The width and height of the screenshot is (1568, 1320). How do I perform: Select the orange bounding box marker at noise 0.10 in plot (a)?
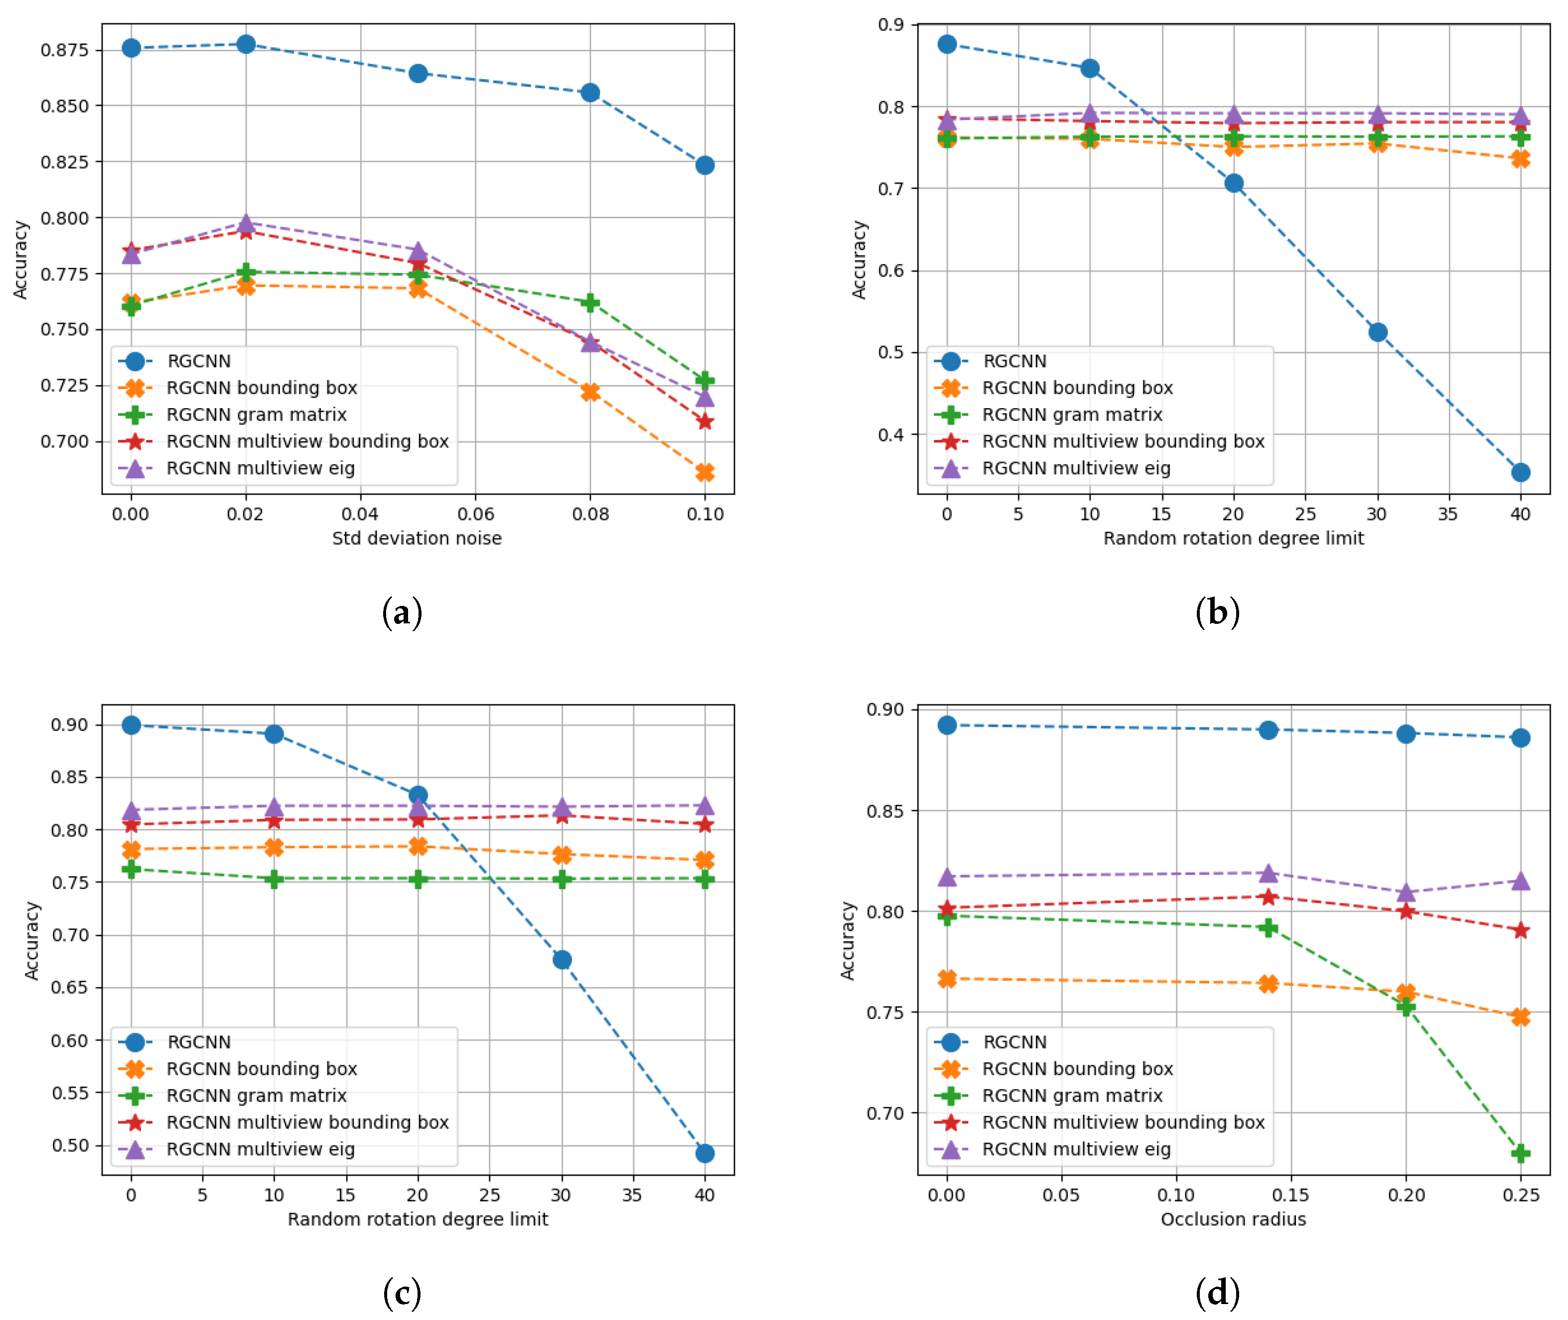[x=704, y=472]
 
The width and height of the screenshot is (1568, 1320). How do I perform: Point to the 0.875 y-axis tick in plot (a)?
[x=64, y=50]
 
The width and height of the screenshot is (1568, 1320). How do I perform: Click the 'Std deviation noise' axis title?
[x=417, y=538]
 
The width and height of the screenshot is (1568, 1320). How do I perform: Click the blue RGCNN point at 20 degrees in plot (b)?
[x=1234, y=183]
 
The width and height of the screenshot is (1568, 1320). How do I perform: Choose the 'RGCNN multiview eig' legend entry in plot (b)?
[x=1076, y=468]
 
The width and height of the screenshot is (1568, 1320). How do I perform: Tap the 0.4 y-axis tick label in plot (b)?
[x=890, y=435]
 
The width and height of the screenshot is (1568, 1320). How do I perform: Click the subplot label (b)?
[x=1217, y=611]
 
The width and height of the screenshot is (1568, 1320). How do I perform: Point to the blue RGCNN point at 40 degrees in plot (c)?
[x=704, y=1153]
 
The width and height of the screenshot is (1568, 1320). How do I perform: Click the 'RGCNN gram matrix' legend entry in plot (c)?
[x=256, y=1095]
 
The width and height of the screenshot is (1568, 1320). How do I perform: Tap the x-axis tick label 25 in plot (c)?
[x=489, y=1195]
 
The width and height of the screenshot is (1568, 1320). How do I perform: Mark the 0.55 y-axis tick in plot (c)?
[x=70, y=1092]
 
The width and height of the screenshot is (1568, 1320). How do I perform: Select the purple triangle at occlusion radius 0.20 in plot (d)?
[x=1406, y=893]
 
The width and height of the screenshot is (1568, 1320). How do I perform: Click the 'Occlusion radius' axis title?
[x=1233, y=1219]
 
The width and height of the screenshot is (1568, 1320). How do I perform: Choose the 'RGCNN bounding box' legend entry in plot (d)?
[x=1077, y=1068]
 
